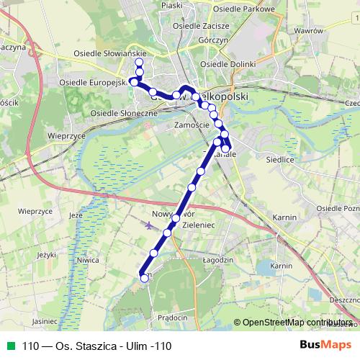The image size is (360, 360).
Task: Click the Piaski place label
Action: [172, 4]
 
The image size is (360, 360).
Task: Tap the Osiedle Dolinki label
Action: [228, 64]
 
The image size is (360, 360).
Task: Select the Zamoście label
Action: [192, 125]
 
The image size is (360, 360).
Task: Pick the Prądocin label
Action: [172, 318]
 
